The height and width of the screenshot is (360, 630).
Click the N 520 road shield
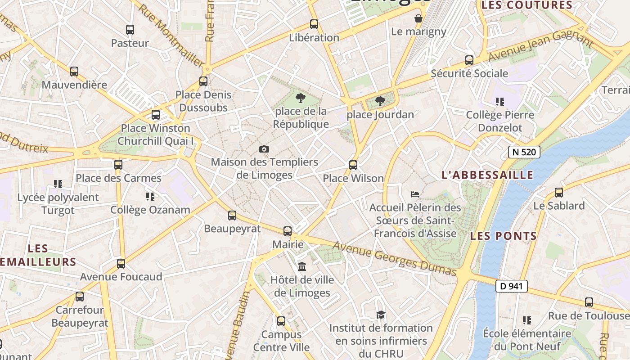click(524, 152)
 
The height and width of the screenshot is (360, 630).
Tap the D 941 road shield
click(511, 286)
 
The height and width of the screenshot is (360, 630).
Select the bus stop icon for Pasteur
click(130, 30)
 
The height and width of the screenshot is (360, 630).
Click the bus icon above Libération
click(314, 24)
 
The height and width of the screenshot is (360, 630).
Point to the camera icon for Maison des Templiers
click(264, 149)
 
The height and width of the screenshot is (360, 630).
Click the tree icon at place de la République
click(300, 98)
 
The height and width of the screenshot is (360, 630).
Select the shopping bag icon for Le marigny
click(418, 18)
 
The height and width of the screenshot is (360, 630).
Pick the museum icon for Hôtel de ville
click(302, 266)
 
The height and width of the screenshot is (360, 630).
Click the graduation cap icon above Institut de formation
click(381, 315)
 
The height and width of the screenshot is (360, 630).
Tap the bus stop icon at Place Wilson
click(353, 165)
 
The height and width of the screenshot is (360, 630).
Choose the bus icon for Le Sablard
click(559, 193)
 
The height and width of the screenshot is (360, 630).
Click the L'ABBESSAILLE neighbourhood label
click(487, 175)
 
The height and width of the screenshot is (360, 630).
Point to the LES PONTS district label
click(504, 236)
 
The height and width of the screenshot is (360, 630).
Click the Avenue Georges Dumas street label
click(395, 259)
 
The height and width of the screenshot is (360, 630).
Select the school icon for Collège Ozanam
click(150, 197)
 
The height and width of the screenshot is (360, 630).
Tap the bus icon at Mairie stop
click(288, 231)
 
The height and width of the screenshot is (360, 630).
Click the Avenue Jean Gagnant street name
click(540, 45)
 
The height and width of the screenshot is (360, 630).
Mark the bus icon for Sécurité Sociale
click(469, 60)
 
